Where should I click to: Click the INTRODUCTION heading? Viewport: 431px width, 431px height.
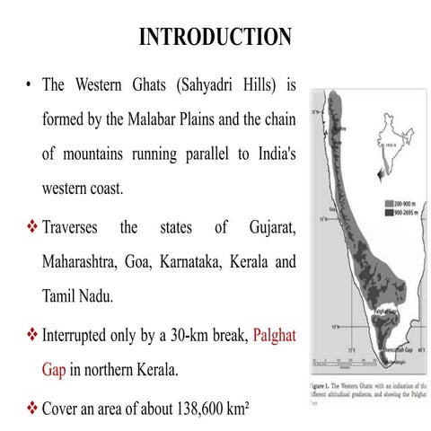pos(215,37)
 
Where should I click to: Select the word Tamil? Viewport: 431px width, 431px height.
pos(61,296)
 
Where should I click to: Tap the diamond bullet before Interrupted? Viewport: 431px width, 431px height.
pos(31,338)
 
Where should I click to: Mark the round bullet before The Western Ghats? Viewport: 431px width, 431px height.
pos(30,87)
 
